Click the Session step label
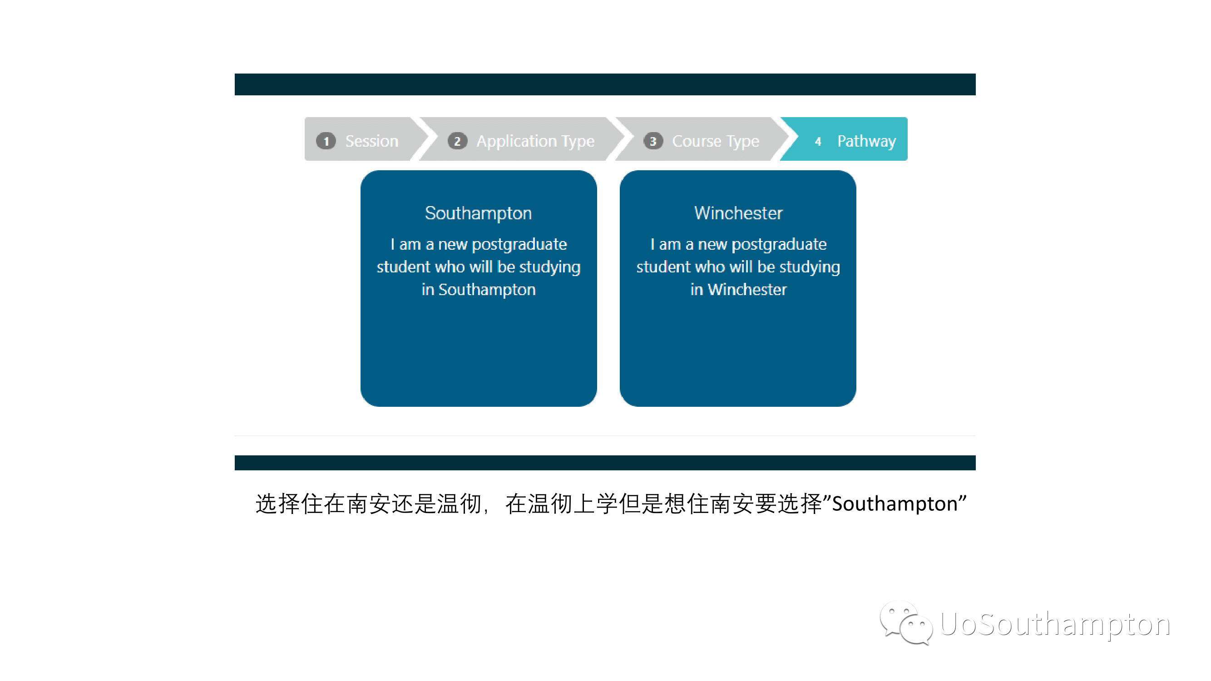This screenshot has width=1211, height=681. pos(371,141)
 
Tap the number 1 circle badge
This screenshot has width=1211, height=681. pos(326,141)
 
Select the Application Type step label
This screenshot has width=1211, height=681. pos(535,142)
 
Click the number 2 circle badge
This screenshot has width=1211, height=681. pos(457,141)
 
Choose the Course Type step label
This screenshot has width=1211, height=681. pos(716,142)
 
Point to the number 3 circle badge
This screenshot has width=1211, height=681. pos(653,141)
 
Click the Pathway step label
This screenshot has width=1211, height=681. pos(866,142)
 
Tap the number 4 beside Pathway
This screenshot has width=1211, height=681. pos(818,142)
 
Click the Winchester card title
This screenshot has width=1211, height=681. pos(738,213)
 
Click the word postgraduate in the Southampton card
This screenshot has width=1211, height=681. pos(519,245)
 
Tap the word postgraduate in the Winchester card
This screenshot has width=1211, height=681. pos(779,245)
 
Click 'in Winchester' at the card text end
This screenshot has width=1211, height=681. pos(738,290)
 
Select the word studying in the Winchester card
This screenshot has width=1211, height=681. pos(810,267)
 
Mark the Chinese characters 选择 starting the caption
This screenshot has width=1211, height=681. pos(277,504)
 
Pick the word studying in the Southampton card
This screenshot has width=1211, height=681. pos(550,267)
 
